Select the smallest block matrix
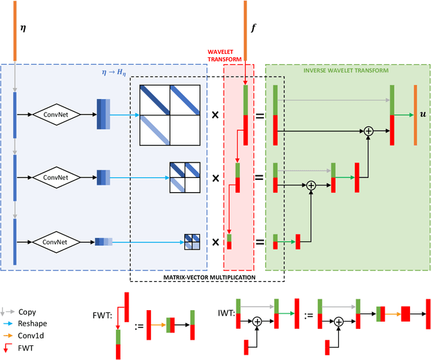[191, 241]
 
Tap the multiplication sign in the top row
[215, 115]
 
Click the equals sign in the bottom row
[259, 241]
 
